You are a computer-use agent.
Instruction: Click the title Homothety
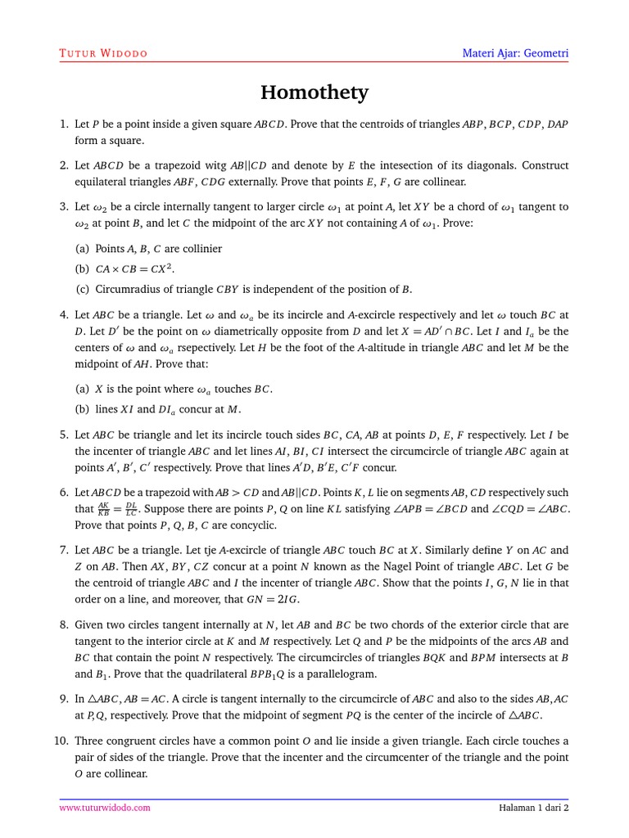[x=314, y=93]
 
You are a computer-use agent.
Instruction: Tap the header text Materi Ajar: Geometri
[x=515, y=54]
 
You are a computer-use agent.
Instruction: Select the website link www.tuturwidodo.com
[x=105, y=808]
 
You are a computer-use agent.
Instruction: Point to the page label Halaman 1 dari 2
[x=533, y=808]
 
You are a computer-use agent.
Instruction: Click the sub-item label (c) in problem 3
[x=82, y=289]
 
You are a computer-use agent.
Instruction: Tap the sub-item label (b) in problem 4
[x=82, y=409]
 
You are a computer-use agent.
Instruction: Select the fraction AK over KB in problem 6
[x=104, y=509]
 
